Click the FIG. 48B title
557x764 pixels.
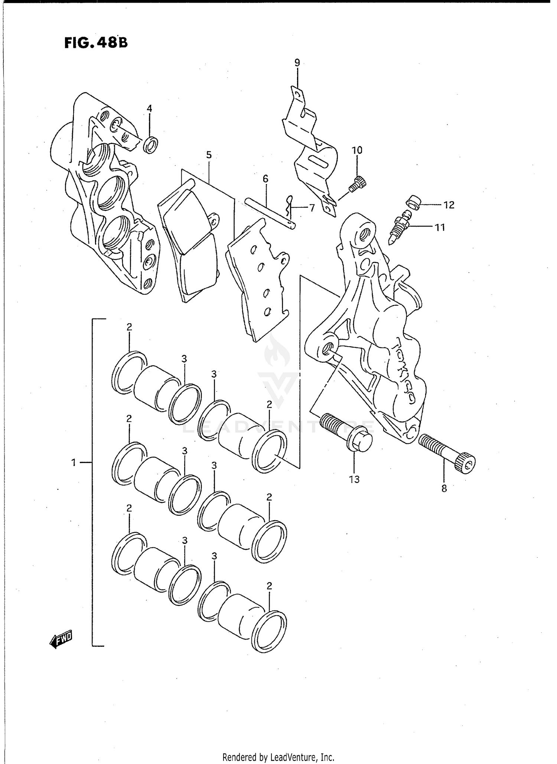coord(96,43)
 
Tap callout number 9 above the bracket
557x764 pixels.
coord(297,62)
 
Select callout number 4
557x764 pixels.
coord(149,108)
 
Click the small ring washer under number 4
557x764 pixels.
coord(151,145)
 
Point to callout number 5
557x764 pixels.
coord(209,155)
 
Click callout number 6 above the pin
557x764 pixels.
coord(265,179)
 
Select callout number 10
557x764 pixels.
coord(357,150)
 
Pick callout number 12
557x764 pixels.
coord(449,205)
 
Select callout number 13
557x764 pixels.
coord(354,479)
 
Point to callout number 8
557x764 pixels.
coord(444,489)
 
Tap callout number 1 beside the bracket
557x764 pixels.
coord(74,462)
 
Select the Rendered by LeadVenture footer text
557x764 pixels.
coord(278,757)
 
